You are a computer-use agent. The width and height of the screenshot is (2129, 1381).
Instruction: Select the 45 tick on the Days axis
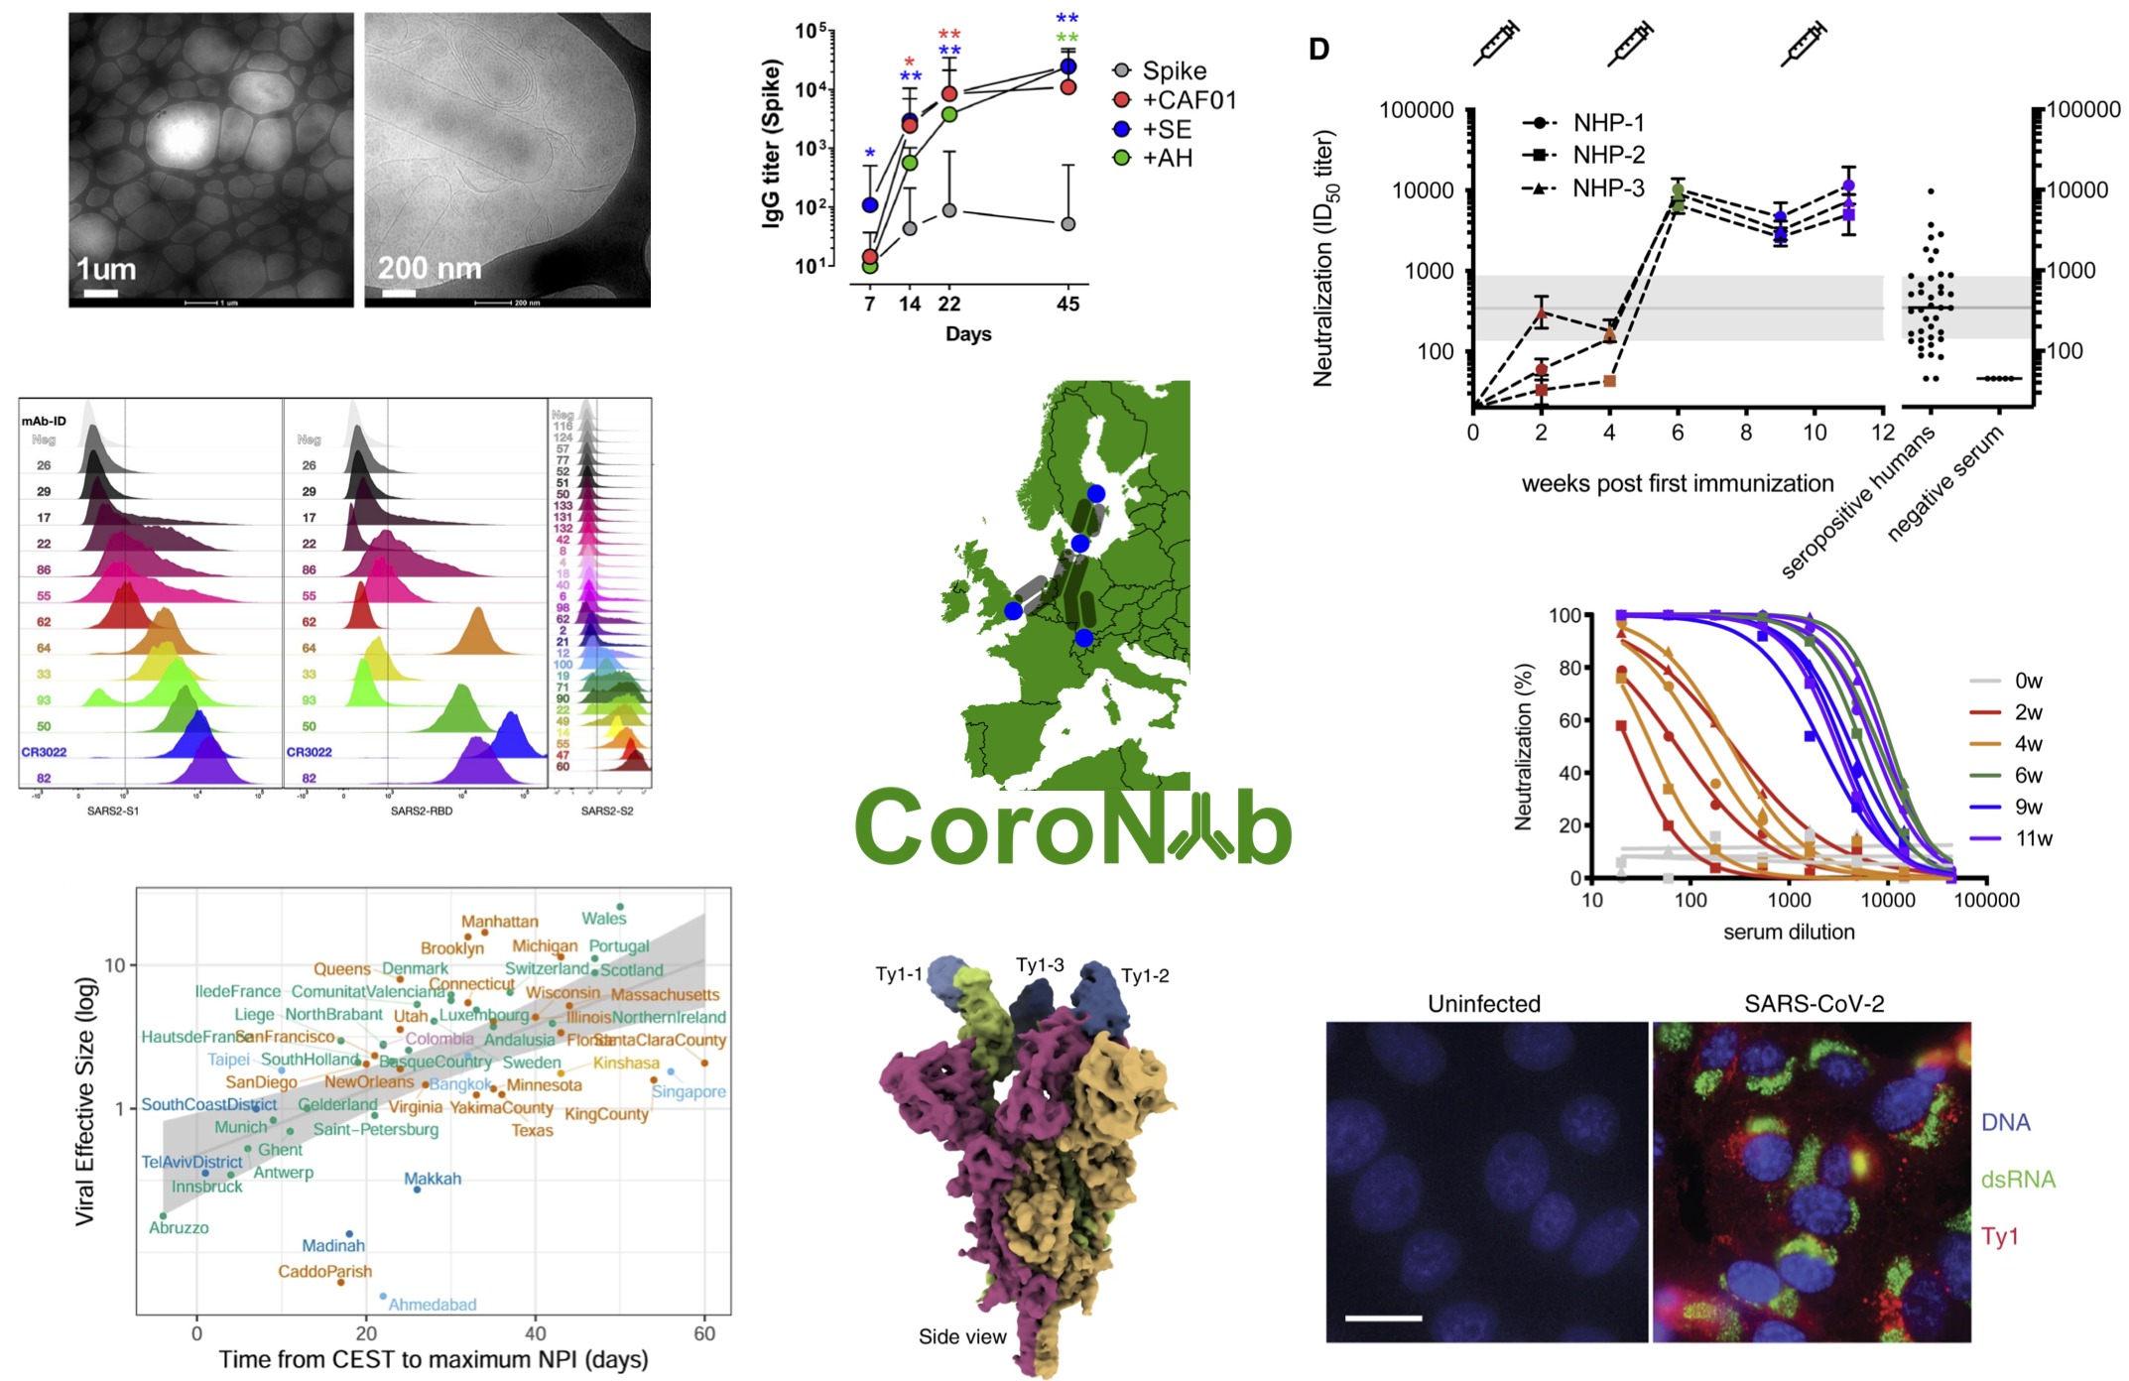(1067, 305)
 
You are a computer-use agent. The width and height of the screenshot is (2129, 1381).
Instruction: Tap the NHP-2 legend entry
(1608, 155)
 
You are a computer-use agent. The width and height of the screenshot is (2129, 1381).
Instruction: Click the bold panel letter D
(1318, 50)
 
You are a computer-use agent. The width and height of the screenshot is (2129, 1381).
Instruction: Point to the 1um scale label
(106, 269)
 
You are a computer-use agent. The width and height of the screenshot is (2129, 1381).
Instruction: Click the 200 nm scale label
(429, 268)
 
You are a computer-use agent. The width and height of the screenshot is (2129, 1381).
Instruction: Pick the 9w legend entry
(2028, 807)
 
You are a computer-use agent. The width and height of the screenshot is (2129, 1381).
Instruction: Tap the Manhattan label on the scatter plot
(499, 922)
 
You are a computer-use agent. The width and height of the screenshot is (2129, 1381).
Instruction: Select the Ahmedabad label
(432, 1305)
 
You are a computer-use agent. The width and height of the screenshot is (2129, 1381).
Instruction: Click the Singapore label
(689, 1091)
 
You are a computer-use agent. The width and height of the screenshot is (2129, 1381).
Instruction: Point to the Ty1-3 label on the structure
(1040, 964)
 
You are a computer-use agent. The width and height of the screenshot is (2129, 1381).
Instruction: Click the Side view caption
(961, 1336)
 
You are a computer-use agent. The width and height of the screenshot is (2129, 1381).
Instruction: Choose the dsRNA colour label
(2018, 1180)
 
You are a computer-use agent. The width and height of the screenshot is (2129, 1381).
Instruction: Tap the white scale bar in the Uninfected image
(1383, 1318)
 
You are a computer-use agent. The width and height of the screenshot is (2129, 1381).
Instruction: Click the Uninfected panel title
(1483, 1004)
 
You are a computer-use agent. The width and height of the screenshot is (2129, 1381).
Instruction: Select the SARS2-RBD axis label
(421, 811)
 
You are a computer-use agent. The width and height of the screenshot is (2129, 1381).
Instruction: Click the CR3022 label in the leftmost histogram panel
(44, 752)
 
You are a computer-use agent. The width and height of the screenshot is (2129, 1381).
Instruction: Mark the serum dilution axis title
(1788, 932)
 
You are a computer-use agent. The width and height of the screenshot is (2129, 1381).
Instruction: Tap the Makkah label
(433, 1179)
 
